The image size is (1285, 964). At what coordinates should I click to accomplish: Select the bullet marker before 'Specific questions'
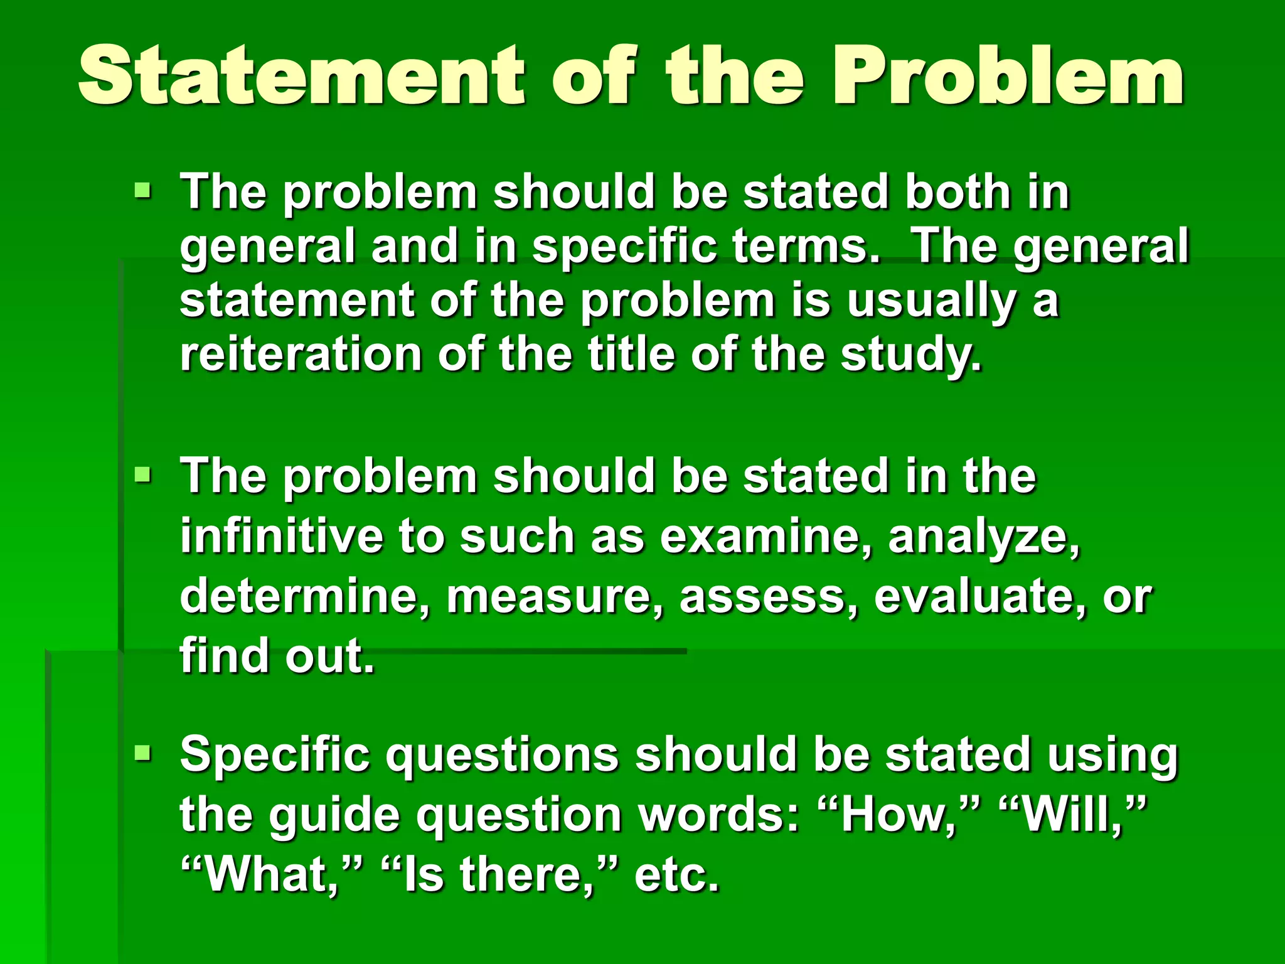point(143,752)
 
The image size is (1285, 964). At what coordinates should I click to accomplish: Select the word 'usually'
point(931,301)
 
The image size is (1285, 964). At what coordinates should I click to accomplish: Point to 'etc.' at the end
point(676,874)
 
